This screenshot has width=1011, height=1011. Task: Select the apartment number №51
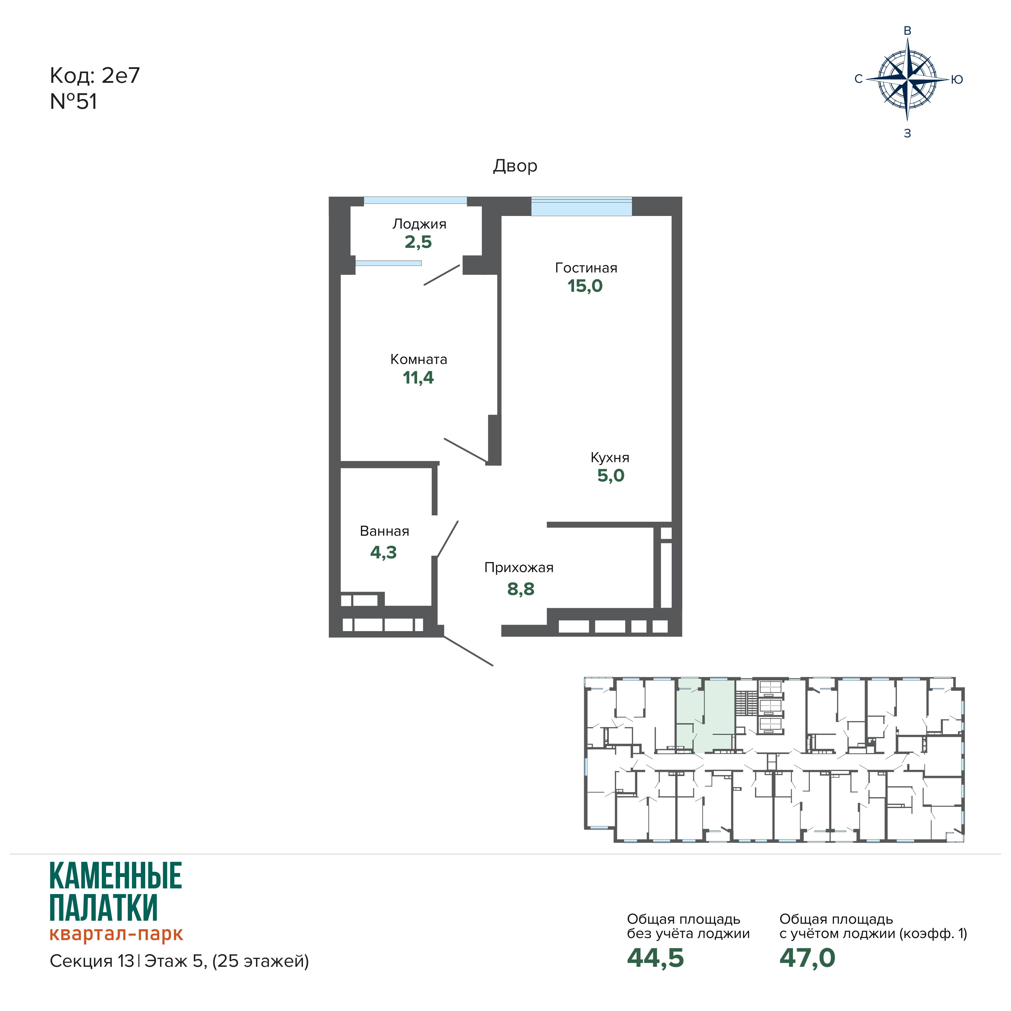click(x=73, y=102)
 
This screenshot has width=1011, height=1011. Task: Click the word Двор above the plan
click(x=515, y=166)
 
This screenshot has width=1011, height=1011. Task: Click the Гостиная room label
click(x=586, y=268)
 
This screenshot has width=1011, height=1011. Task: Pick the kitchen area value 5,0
click(x=611, y=475)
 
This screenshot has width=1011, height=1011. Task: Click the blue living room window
click(x=581, y=206)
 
